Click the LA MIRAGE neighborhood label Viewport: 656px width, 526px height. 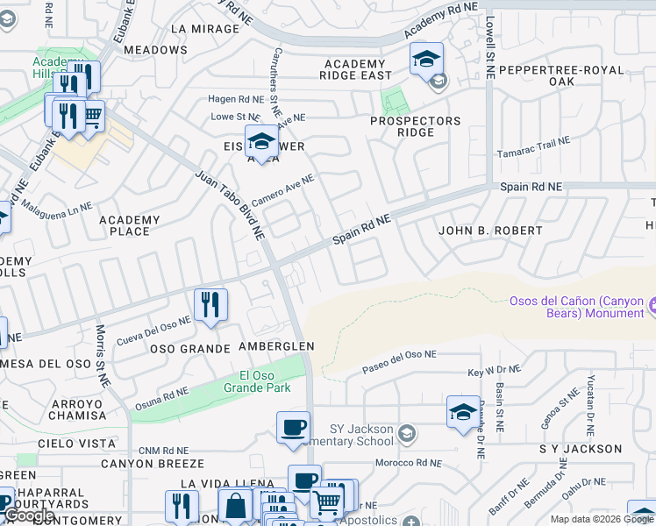click(x=205, y=29)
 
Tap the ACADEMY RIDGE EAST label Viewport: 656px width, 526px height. click(x=354, y=70)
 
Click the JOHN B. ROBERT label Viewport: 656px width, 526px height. click(x=490, y=231)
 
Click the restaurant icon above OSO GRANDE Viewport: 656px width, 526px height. click(x=210, y=305)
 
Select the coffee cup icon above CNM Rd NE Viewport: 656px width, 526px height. click(x=294, y=427)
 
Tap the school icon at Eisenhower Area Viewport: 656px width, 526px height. click(x=261, y=140)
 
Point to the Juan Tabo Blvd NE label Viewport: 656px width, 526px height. click(x=230, y=206)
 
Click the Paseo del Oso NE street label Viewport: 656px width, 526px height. click(x=400, y=362)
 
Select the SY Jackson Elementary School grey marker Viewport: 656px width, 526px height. click(x=407, y=431)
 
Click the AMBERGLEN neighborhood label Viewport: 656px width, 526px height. click(x=276, y=347)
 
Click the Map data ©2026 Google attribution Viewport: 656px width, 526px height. click(x=603, y=519)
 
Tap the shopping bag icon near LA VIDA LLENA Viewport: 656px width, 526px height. click(x=235, y=505)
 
